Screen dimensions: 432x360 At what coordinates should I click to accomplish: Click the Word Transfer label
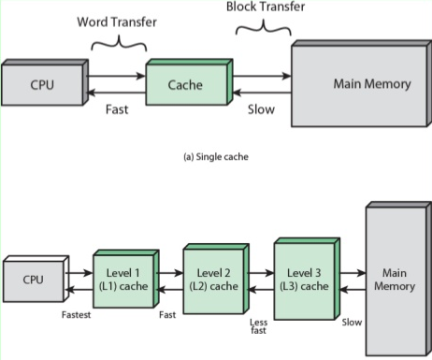coord(117,22)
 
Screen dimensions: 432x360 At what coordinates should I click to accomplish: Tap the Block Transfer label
coord(266,7)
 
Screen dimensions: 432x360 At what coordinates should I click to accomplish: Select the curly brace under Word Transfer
coord(119,45)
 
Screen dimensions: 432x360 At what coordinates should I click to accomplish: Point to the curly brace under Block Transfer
coord(264,29)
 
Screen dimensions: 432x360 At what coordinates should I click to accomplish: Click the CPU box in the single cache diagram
coord(45,82)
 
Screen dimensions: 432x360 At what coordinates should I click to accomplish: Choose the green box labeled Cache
coord(190,81)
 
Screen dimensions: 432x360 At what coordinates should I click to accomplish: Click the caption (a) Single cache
coord(216,157)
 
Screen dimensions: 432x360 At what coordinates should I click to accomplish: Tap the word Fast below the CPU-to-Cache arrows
coord(117,109)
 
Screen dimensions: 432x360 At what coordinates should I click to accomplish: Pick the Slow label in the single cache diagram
coord(261,109)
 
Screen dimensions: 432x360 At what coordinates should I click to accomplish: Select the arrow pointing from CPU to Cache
coord(116,76)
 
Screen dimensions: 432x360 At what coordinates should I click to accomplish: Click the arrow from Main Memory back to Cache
coord(262,93)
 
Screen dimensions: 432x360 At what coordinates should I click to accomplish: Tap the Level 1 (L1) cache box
coord(126,279)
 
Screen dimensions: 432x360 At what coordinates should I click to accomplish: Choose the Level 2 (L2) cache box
coord(216,279)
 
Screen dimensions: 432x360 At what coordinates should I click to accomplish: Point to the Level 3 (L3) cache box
coord(307,279)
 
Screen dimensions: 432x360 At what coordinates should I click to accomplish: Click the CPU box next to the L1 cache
coord(36,279)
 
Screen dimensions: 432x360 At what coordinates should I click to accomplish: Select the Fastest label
coord(76,315)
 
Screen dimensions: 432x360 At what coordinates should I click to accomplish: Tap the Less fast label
coord(258,326)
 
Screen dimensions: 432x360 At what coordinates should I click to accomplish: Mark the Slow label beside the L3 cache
coord(352,323)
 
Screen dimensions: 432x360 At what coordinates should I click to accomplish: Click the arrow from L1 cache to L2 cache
coord(169,273)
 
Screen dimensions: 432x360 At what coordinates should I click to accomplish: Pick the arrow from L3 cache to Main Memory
coord(353,273)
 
